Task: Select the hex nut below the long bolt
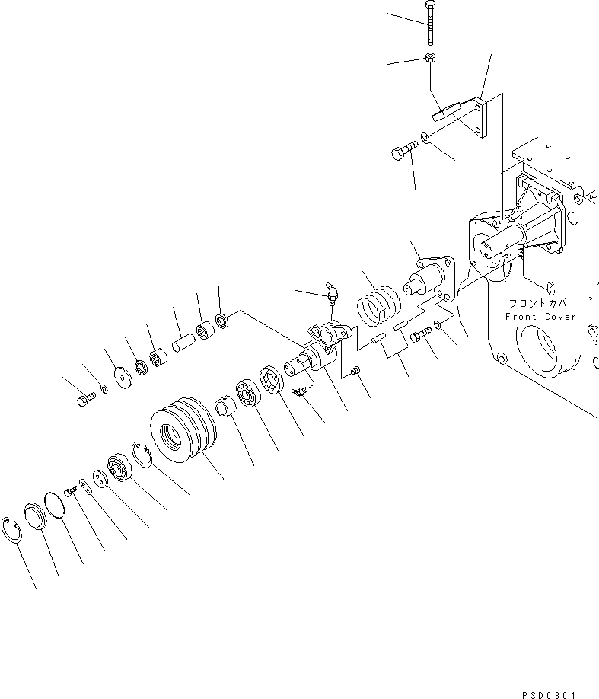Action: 429,59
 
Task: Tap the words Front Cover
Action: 541,317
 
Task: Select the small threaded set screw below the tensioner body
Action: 355,371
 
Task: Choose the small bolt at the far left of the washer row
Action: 84,398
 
